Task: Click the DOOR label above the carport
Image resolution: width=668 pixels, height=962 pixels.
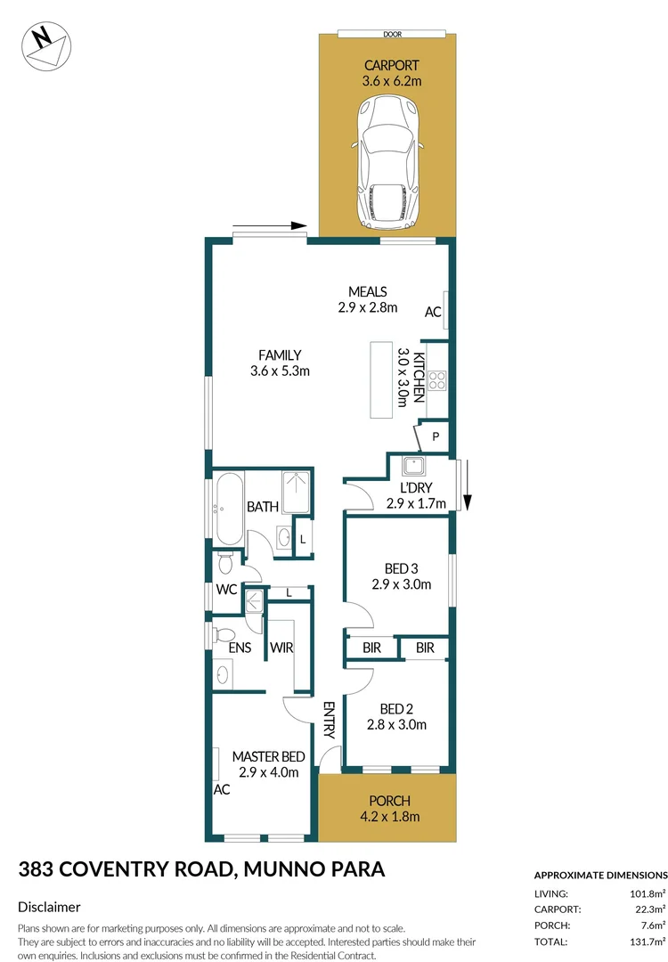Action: [393, 34]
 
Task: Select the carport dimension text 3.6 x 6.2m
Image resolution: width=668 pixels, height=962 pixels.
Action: [391, 81]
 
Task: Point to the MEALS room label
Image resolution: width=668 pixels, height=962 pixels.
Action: [367, 291]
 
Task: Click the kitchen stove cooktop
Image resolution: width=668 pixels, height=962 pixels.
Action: [437, 381]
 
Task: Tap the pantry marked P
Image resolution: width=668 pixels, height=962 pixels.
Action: [436, 436]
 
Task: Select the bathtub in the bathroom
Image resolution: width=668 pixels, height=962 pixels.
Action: [224, 510]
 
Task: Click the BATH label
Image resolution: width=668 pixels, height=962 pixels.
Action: [263, 507]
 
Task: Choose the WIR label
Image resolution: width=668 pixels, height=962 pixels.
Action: [282, 648]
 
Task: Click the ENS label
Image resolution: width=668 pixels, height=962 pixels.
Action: [240, 648]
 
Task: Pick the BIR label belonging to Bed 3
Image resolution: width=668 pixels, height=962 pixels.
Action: [371, 648]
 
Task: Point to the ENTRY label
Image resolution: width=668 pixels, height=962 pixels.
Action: [328, 720]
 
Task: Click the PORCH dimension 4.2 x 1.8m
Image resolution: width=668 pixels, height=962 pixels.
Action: [387, 816]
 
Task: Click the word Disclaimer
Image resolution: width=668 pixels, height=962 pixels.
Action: [50, 907]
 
